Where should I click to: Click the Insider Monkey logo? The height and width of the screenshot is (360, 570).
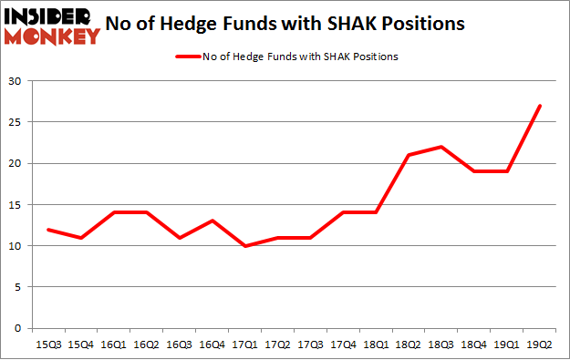click(52, 26)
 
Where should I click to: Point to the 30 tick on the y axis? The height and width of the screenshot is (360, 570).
click(16, 81)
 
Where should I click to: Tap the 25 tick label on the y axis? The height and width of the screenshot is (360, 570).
click(16, 122)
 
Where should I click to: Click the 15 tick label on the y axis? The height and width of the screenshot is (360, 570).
click(16, 204)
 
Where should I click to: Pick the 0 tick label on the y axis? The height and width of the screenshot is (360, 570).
click(19, 328)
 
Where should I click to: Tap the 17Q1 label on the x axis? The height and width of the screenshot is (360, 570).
click(244, 344)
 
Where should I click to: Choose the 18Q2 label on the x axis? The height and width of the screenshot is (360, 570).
click(409, 344)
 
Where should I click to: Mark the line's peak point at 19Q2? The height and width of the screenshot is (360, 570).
click(541, 106)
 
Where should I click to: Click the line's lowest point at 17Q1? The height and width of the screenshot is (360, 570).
click(244, 245)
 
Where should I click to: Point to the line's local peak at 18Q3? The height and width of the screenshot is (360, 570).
click(441, 147)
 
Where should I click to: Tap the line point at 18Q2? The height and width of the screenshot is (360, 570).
click(409, 155)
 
